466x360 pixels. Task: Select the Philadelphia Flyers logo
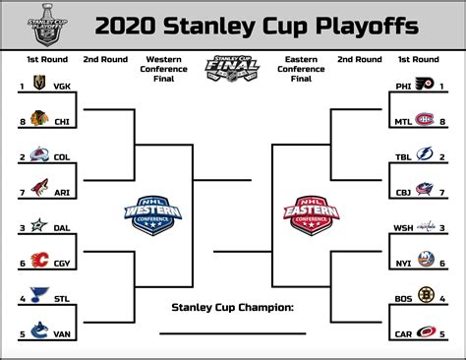click(425, 85)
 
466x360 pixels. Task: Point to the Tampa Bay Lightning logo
click(425, 154)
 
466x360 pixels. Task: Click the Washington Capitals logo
click(424, 226)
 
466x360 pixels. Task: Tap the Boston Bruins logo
click(425, 296)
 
